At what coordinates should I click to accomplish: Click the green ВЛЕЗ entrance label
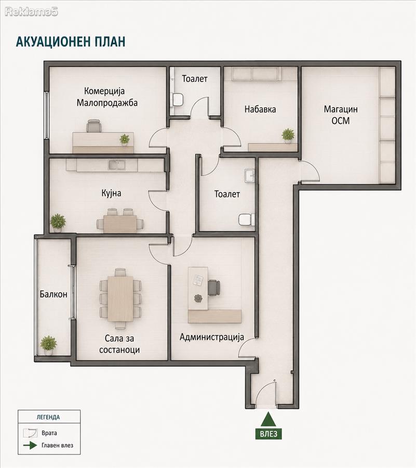(269, 433)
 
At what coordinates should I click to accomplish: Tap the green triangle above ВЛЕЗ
(269, 419)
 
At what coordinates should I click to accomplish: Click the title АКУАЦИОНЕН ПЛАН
(71, 42)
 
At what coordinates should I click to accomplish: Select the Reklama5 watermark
(31, 11)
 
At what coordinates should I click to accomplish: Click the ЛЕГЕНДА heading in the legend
(48, 417)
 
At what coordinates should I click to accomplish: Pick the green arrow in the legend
(30, 445)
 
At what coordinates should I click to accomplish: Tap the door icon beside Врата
(30, 433)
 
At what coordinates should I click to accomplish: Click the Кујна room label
(111, 193)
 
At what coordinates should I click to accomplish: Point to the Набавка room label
(260, 109)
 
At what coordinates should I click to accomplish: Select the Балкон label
(53, 294)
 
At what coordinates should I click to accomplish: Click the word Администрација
(212, 337)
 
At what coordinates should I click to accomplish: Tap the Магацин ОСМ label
(341, 115)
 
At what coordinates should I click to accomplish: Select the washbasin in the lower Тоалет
(250, 176)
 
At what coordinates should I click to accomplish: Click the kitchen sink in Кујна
(117, 165)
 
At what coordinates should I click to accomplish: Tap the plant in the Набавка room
(288, 135)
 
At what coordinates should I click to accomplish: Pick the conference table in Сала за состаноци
(120, 298)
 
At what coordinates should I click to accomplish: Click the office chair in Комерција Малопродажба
(94, 126)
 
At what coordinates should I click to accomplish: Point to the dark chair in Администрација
(213, 288)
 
